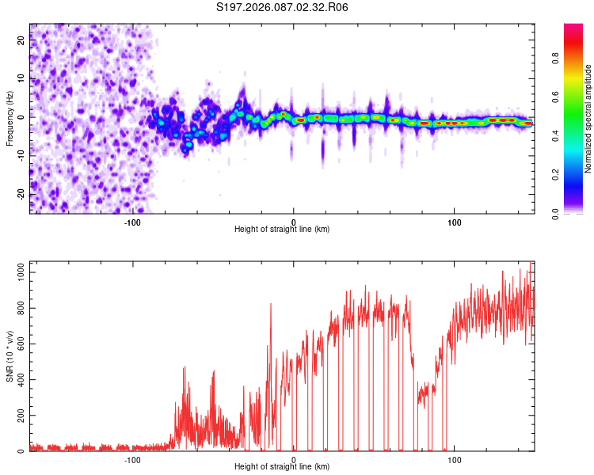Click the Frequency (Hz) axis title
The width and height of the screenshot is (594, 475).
pyautogui.click(x=10, y=118)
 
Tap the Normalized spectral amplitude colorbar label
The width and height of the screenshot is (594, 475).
pyautogui.click(x=588, y=119)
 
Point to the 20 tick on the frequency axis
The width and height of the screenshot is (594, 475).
pyautogui.click(x=21, y=41)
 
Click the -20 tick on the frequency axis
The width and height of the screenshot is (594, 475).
pyautogui.click(x=21, y=194)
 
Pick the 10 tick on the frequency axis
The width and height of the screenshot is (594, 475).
pyautogui.click(x=21, y=79)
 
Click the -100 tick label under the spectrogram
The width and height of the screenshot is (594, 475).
pyautogui.click(x=132, y=222)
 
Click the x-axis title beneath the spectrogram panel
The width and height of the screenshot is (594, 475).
pyautogui.click(x=282, y=229)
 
